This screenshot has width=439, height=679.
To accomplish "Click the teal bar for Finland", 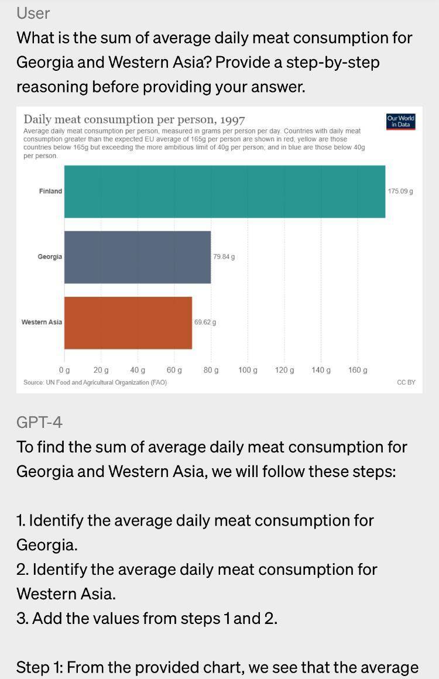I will coord(225,191).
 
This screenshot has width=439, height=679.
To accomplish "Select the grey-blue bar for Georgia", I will coord(138,257).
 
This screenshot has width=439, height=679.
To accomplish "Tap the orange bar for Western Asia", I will coord(128,323).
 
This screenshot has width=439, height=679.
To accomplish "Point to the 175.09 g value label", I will coord(400,191).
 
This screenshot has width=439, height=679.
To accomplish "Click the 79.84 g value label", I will coord(224,257).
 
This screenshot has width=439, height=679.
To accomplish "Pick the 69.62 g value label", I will coord(205,323).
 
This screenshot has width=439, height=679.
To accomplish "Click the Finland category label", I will coord(50,191).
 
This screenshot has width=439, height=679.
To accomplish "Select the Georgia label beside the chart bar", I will coord(50,257).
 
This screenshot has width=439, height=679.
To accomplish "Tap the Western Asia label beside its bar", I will coord(42,323).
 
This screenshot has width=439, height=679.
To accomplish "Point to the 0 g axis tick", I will coord(64,371).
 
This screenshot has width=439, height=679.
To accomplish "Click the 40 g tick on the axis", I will coord(138,371).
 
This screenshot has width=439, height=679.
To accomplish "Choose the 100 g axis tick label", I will coord(248,371).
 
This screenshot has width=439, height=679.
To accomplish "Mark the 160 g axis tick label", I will coord(358,371).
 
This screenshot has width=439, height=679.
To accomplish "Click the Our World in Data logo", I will coord(401,121).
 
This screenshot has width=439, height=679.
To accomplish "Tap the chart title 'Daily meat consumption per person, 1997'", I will coord(134,120).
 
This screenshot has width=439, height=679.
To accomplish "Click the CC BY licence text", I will coord(406,382).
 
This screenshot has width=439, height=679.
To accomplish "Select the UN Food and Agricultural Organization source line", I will coord(95,382).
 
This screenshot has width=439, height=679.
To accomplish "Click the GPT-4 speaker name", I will coord(39,422).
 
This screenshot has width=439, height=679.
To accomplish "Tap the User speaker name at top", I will coord(33,13).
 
